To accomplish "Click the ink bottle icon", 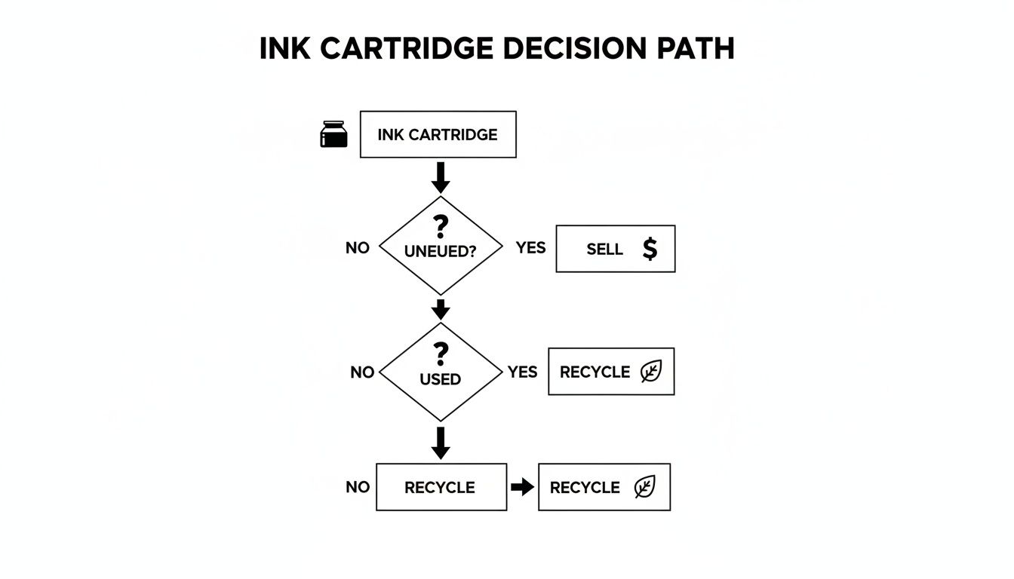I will tap(334, 134).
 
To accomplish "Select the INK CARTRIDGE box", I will tap(438, 134).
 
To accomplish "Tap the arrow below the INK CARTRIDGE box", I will tap(441, 177).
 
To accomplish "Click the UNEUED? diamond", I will tap(441, 246).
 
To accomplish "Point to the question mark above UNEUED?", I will tap(441, 227).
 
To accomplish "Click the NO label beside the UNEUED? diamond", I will tap(358, 247).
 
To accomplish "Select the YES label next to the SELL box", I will tap(530, 247).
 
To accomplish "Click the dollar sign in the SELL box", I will tap(649, 249).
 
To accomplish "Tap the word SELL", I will tap(604, 249).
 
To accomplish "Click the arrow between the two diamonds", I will tap(441, 308).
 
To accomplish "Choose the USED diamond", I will tap(441, 372).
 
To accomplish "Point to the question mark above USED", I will tap(441, 353).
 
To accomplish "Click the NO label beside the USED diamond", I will tap(362, 372).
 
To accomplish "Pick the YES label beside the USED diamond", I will tap(522, 372).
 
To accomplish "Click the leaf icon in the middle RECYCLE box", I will tap(650, 372).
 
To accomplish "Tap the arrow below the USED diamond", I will tap(441, 443).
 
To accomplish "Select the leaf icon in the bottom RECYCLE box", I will tap(644, 487).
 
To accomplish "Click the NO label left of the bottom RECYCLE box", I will tap(358, 487).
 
